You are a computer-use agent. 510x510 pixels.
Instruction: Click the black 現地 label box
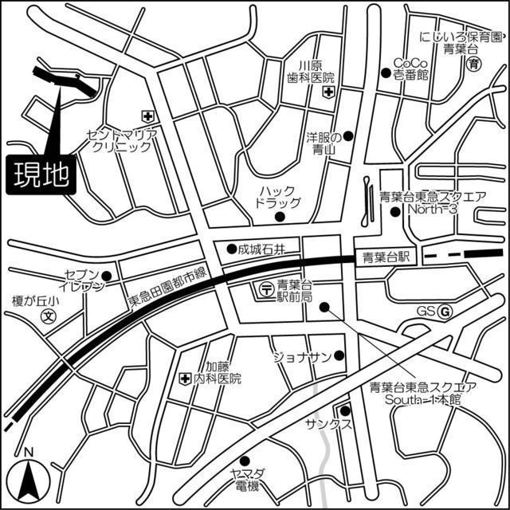pyautogui.click(x=41, y=174)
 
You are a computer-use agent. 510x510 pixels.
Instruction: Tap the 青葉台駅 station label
pyautogui.click(x=386, y=257)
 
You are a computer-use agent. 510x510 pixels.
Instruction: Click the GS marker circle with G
pyautogui.click(x=445, y=312)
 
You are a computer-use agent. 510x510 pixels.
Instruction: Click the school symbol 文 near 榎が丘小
pyautogui.click(x=48, y=317)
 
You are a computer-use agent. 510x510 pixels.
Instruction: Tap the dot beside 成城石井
pyautogui.click(x=231, y=248)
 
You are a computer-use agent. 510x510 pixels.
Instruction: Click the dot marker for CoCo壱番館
pyautogui.click(x=395, y=64)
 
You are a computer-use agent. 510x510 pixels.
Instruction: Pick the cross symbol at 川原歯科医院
pyautogui.click(x=328, y=92)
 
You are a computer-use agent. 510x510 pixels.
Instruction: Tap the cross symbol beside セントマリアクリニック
pyautogui.click(x=146, y=116)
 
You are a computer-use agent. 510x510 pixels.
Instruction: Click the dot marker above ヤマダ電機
pyautogui.click(x=245, y=460)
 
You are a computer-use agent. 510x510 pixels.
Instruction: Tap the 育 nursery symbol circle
pyautogui.click(x=475, y=64)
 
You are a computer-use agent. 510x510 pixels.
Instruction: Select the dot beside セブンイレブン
pyautogui.click(x=105, y=276)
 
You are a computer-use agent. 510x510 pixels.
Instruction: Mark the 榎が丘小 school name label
pyautogui.click(x=35, y=301)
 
